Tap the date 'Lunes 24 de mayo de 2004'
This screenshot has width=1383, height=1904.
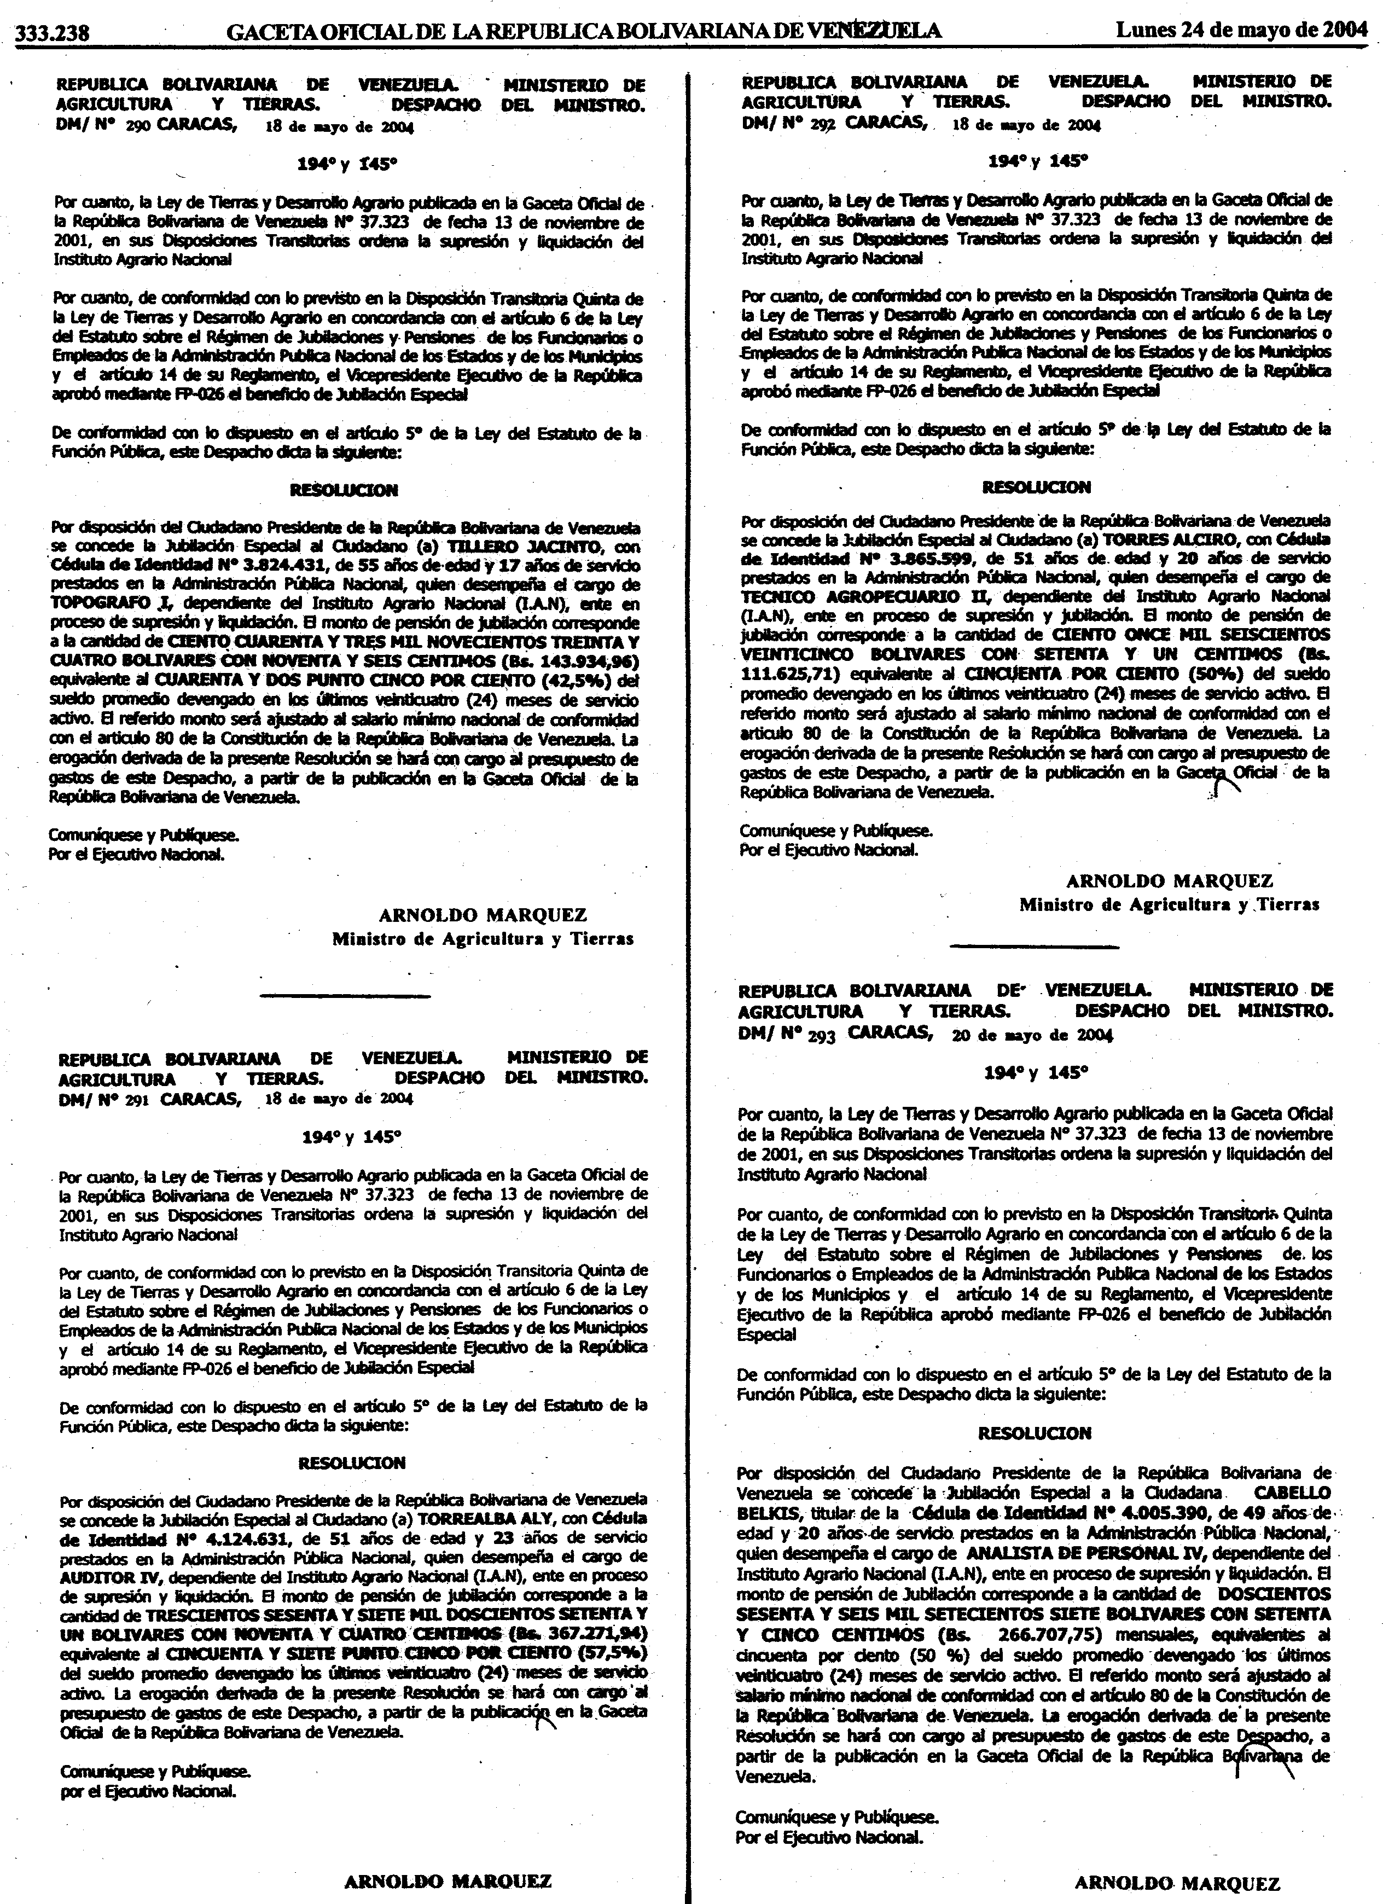(x=1241, y=31)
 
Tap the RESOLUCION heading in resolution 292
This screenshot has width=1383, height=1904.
(x=1021, y=487)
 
